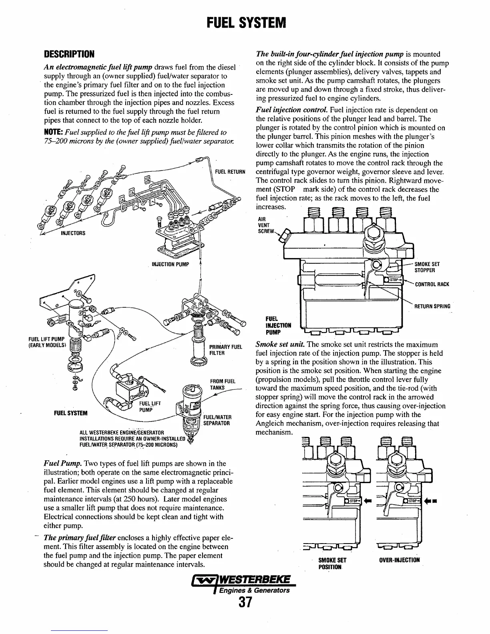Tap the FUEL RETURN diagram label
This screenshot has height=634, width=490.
[x=230, y=172]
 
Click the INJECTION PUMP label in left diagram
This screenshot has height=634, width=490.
[x=170, y=265]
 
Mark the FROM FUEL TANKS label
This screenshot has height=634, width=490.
[x=223, y=384]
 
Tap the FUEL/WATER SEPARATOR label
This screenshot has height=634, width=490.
[x=217, y=420]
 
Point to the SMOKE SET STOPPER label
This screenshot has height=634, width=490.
[x=427, y=267]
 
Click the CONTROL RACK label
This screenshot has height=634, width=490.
[x=432, y=285]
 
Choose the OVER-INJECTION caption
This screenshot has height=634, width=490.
[x=399, y=560]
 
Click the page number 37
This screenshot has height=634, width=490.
[x=245, y=602]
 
